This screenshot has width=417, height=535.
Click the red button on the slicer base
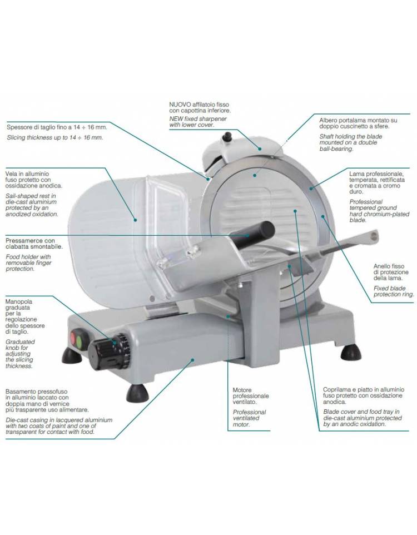click(73, 338)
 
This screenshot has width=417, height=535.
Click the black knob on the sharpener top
click(227, 137)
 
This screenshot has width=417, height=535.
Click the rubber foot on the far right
click(351, 352)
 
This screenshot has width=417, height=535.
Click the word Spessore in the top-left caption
click(19, 127)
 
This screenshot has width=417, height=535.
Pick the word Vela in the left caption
click(11, 174)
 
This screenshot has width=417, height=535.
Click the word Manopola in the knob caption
click(19, 301)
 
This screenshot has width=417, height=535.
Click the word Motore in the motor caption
click(242, 390)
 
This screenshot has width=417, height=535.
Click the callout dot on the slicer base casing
click(193, 359)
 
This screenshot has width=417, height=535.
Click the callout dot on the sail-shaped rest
click(136, 220)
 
